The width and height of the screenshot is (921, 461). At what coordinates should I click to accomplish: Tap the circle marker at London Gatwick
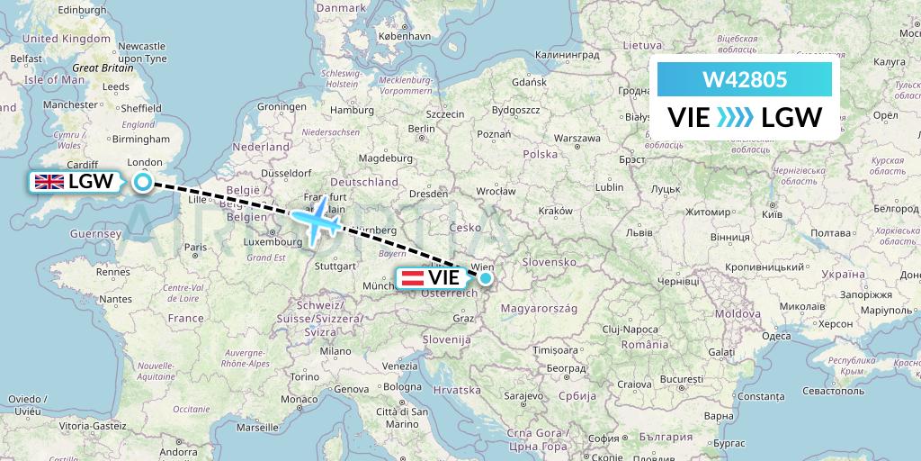point(143,182)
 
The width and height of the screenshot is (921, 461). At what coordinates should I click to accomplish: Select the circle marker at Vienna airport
point(486,278)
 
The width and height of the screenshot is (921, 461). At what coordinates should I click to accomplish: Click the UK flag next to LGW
point(49,182)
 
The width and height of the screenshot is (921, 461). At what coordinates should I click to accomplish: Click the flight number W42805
point(744,80)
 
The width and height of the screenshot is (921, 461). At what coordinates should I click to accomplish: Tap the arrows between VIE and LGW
point(736,117)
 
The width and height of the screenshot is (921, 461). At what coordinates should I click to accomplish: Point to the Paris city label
point(196,247)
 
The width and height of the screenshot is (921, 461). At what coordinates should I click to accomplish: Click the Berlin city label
point(421,129)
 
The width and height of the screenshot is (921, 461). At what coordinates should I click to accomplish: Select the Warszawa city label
point(577,139)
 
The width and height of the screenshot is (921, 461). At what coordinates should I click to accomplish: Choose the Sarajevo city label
point(522,395)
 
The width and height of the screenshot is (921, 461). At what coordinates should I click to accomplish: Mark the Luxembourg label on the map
point(275,242)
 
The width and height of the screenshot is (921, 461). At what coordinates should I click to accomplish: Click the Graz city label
point(464,318)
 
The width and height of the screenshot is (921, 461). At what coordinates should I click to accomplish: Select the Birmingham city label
point(142,140)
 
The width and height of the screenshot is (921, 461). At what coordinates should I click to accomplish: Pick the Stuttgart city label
point(336,267)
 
